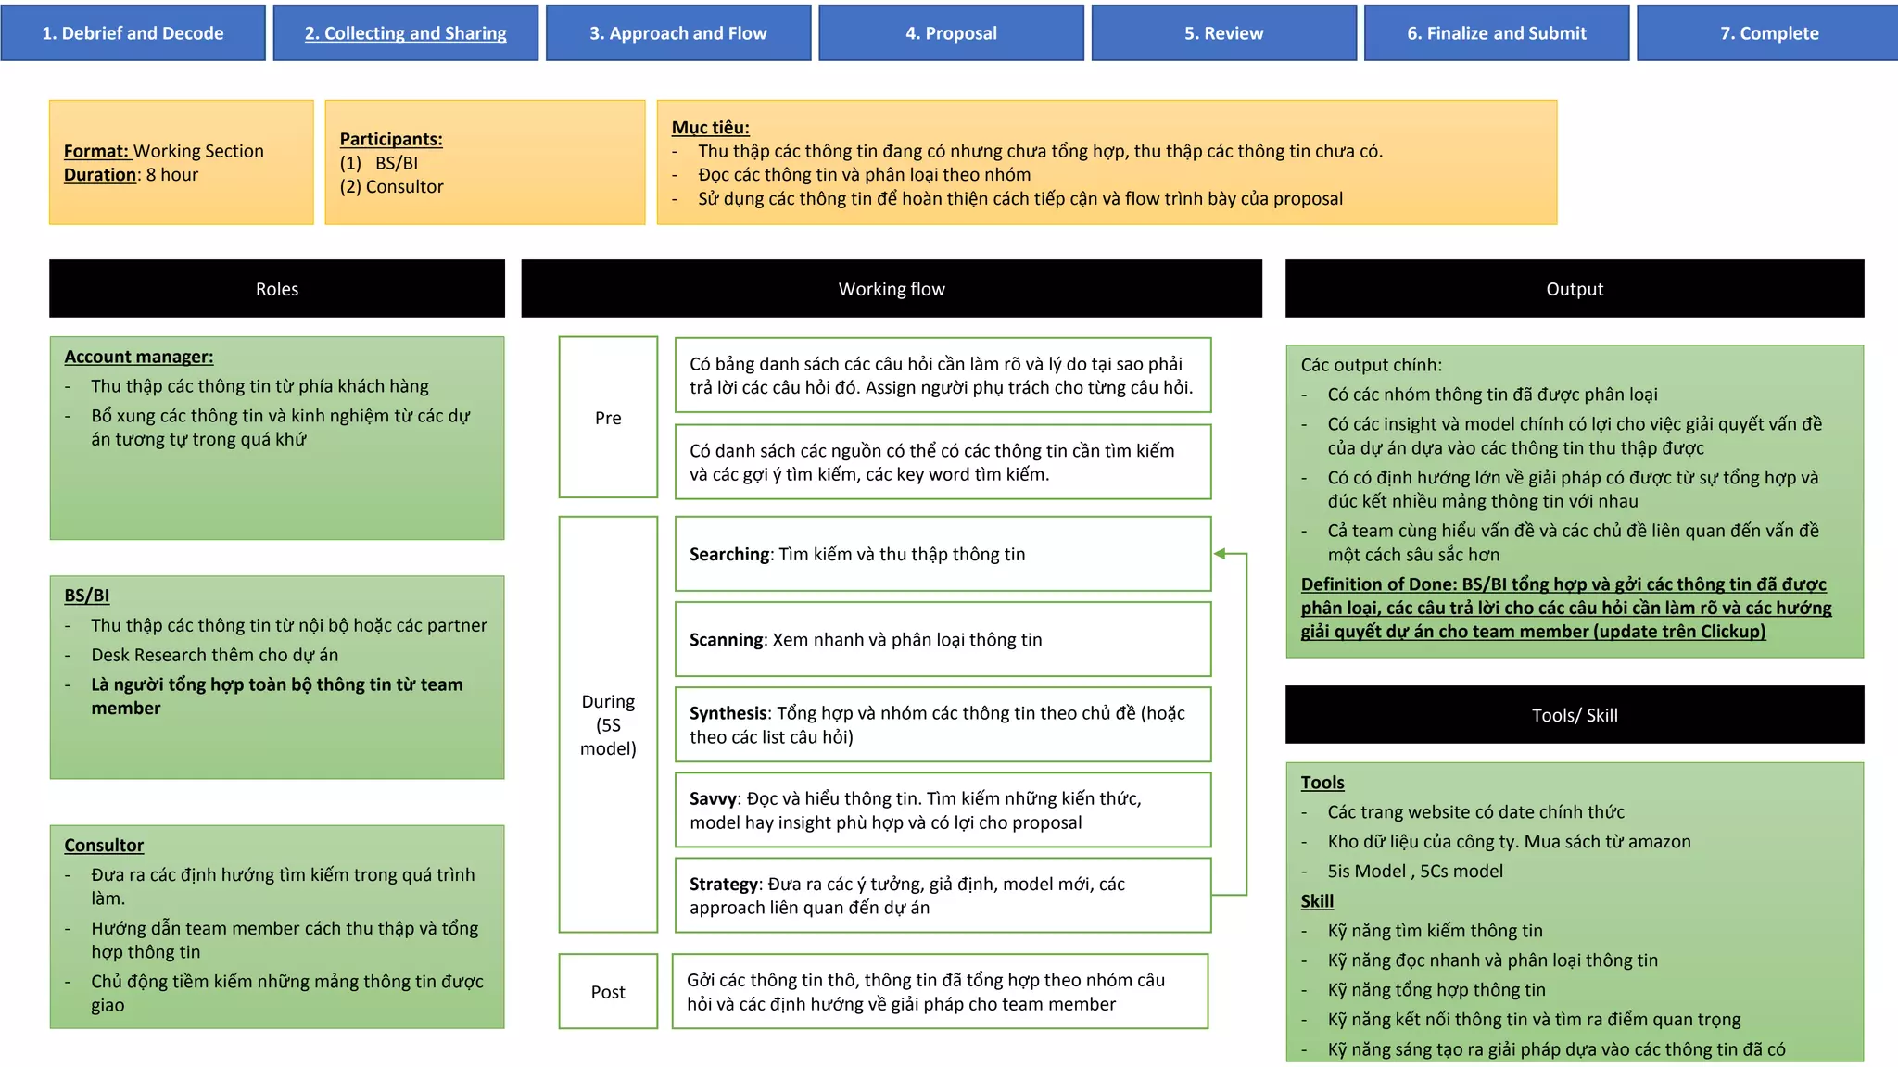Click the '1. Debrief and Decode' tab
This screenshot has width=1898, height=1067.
pyautogui.click(x=133, y=33)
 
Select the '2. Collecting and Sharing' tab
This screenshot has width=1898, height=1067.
pyautogui.click(x=406, y=33)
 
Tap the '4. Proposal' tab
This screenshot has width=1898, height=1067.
pyautogui.click(x=951, y=33)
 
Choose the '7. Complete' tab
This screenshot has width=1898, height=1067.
pyautogui.click(x=1768, y=33)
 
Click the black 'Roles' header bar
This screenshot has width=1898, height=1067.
pyautogui.click(x=277, y=289)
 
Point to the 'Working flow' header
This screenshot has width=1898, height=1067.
pyautogui.click(x=892, y=289)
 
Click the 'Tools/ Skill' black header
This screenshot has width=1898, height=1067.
pyautogui.click(x=1575, y=715)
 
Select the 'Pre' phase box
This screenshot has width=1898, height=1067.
pyautogui.click(x=608, y=418)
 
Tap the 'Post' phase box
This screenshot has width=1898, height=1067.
pyautogui.click(x=608, y=992)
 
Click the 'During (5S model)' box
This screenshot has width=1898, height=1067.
pyautogui.click(x=608, y=724)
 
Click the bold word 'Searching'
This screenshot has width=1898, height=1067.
pyautogui.click(x=729, y=555)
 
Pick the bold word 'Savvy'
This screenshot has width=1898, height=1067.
pyautogui.click(x=713, y=799)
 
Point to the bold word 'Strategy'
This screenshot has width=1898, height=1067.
pyautogui.click(x=724, y=885)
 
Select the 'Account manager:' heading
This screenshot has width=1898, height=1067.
pyautogui.click(x=139, y=357)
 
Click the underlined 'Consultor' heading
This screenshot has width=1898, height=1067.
pyautogui.click(x=104, y=846)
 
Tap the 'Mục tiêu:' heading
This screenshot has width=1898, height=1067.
pyautogui.click(x=711, y=128)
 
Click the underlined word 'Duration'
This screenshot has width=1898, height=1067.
pyautogui.click(x=100, y=175)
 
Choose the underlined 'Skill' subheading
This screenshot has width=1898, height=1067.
pyautogui.click(x=1317, y=901)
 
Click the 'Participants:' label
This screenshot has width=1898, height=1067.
pyautogui.click(x=391, y=139)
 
